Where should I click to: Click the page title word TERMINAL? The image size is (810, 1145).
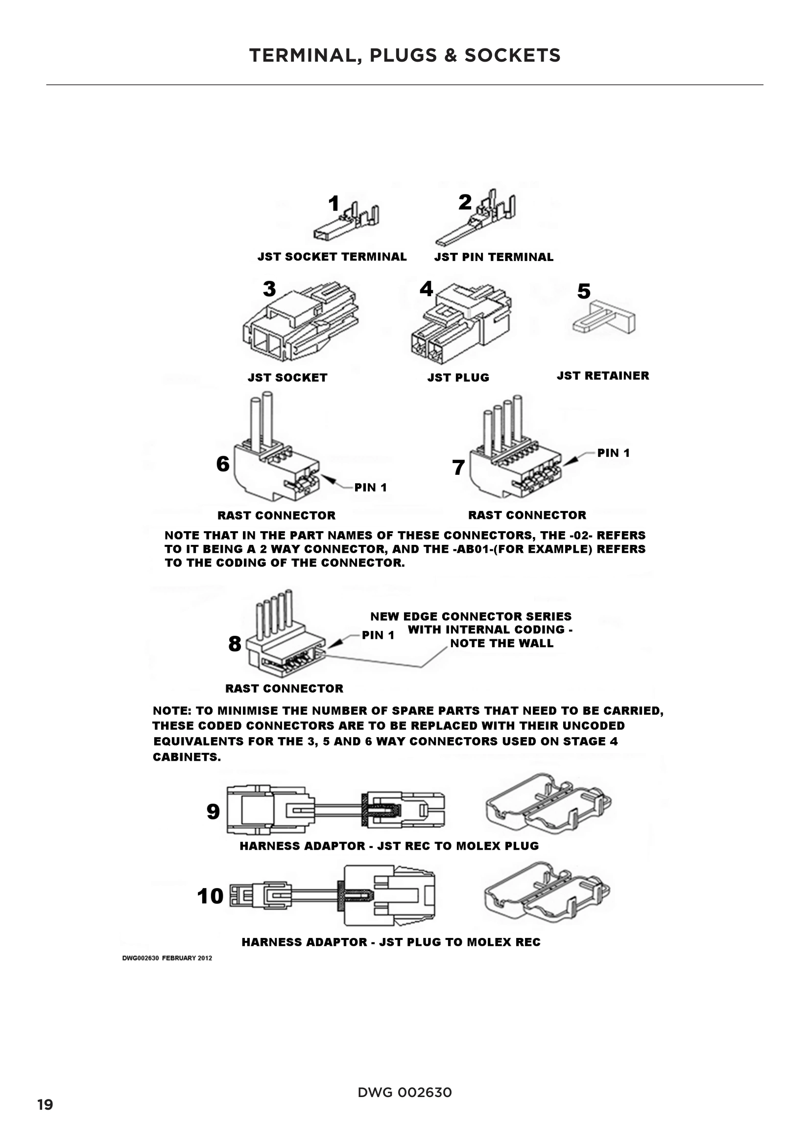pyautogui.click(x=305, y=55)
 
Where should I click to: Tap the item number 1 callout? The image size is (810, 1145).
pyautogui.click(x=334, y=204)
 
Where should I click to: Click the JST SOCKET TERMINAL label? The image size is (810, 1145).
pyautogui.click(x=332, y=257)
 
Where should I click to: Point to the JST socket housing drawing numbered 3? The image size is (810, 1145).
pyautogui.click(x=300, y=323)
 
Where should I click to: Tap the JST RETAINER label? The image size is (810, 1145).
pyautogui.click(x=602, y=375)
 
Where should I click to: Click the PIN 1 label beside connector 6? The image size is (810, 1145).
pyautogui.click(x=370, y=487)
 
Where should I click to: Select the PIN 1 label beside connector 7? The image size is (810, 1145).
pyautogui.click(x=613, y=453)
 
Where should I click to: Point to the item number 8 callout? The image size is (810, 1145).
pyautogui.click(x=235, y=644)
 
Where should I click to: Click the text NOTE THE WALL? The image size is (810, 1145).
pyautogui.click(x=501, y=643)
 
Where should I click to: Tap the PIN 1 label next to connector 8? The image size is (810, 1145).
pyautogui.click(x=378, y=635)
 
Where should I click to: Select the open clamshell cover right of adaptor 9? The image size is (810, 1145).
pyautogui.click(x=548, y=804)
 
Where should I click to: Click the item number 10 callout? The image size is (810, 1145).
pyautogui.click(x=210, y=896)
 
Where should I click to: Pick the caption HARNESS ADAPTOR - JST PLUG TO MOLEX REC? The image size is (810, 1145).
pyautogui.click(x=390, y=942)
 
